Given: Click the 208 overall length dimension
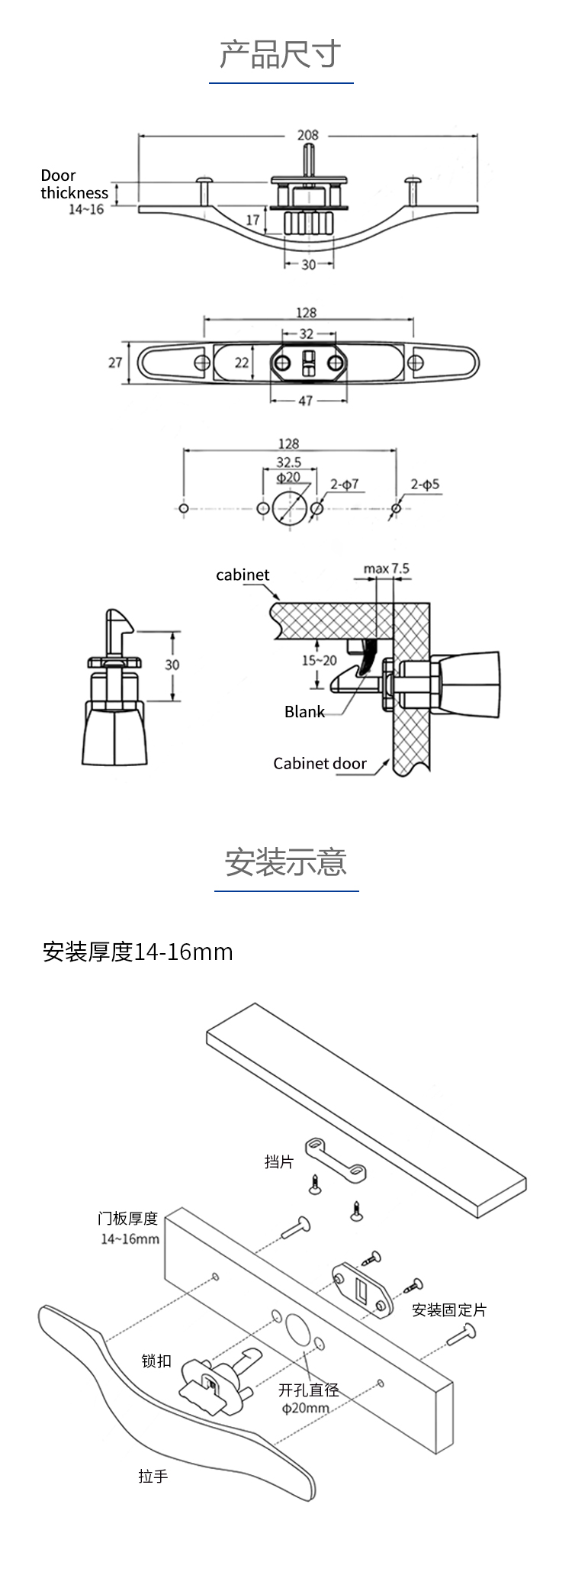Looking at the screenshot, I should pos(307,135).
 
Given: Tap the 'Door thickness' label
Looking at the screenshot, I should pos(74,184).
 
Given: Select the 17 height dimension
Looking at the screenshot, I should pos(253,220).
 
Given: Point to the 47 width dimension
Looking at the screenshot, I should pos(305,400).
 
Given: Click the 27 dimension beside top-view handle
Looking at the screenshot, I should pos(115,362).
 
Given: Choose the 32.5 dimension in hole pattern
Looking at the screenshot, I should pos(288,462).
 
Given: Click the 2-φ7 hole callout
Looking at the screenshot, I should pos(344,484).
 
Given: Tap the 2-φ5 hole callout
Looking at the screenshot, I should pos(425,484).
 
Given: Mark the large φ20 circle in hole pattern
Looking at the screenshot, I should pos(288,508).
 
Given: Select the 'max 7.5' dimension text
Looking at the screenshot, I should pos(386,569).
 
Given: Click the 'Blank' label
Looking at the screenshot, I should pos(304,711).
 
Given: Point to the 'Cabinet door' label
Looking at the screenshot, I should pos(320,763).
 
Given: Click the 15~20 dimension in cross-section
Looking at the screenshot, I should pos(319,660).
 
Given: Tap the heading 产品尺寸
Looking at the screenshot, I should pos(281,54).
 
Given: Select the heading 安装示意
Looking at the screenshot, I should pos(286,862).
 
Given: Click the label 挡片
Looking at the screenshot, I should pos(278,1161).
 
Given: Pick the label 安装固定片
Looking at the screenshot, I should pos(448,1309).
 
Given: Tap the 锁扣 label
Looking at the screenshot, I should pos(156,1361).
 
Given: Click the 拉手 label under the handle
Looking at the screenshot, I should pos(153,1477).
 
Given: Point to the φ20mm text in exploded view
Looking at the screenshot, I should pos(306,1408).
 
